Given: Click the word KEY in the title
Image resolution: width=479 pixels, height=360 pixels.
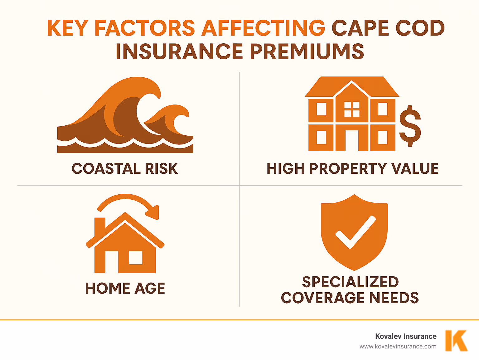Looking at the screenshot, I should click(x=68, y=28).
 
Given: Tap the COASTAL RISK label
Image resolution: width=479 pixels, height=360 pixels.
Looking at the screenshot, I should click(x=125, y=169).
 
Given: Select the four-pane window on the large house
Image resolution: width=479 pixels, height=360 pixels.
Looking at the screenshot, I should click(x=352, y=109).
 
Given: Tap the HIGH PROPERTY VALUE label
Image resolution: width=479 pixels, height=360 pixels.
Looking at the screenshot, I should click(x=352, y=169).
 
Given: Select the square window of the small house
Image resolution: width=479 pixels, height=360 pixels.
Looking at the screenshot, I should click(x=136, y=258).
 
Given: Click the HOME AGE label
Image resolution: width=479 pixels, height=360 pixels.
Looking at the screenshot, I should click(x=125, y=288).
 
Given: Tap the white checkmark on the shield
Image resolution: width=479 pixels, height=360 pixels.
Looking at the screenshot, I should click(x=355, y=232).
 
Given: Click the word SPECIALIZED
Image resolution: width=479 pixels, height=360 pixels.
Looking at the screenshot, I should click(x=350, y=282).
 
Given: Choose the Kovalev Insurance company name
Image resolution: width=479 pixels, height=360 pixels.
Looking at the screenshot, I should click(x=406, y=336).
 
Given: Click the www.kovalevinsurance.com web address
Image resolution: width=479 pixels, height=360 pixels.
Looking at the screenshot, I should click(x=398, y=346).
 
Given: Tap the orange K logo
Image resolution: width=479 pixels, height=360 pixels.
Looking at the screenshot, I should click(x=456, y=341).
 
